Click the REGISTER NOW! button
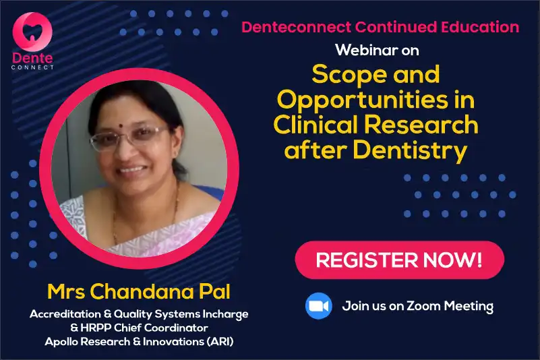[x=400, y=260]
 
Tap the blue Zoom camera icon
[x=319, y=306]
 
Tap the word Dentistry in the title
[x=410, y=150]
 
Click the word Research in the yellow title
[x=421, y=124]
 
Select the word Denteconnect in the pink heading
[x=296, y=27]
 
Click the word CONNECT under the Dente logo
[x=32, y=67]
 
